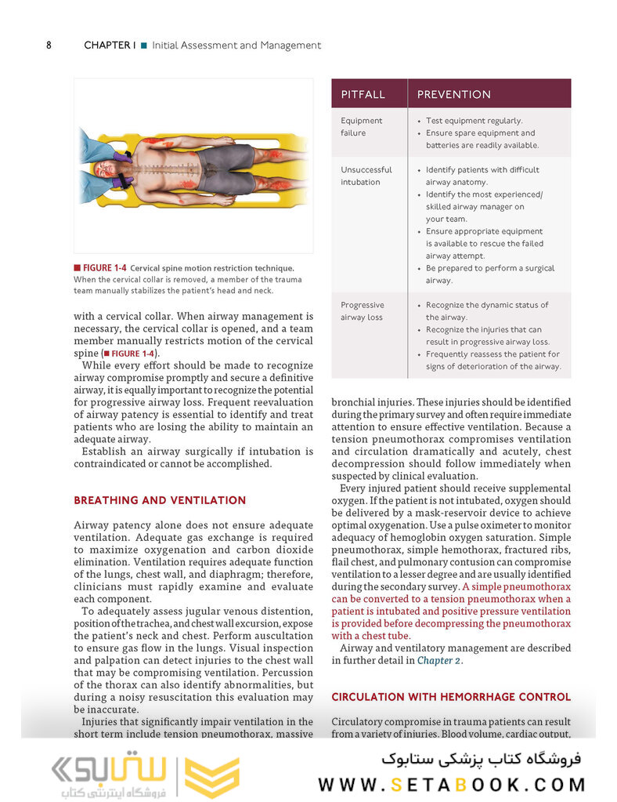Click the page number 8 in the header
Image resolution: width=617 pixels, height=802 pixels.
point(49,45)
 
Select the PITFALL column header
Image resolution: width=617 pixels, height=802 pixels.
point(363,94)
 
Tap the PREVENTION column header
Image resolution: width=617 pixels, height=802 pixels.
point(453,94)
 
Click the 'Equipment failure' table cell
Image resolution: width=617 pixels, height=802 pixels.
point(361,127)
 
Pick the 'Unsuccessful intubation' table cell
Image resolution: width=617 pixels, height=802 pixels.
point(366,176)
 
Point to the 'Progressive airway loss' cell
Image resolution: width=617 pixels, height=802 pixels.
point(362,311)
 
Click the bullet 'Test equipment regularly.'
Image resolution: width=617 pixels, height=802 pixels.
point(474,121)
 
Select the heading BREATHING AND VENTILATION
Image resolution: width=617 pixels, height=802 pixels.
point(159,500)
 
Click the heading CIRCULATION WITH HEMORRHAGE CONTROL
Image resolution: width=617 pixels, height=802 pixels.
point(451,697)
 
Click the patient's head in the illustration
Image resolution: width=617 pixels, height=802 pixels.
point(106,169)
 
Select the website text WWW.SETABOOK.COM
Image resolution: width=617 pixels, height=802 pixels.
point(452,784)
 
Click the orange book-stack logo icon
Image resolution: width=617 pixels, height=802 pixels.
point(212,777)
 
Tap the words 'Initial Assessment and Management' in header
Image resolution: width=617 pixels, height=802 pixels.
point(236,45)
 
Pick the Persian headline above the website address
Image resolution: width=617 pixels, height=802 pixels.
point(482,758)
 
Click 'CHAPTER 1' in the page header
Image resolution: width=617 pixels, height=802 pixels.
point(109,45)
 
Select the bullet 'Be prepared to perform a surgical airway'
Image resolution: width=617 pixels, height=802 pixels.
point(489,274)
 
